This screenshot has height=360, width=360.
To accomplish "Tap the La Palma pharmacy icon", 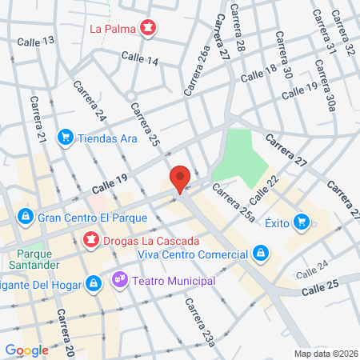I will [146, 30].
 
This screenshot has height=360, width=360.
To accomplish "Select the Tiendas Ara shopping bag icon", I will [66, 137].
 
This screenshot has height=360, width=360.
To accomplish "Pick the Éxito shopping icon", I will [302, 221].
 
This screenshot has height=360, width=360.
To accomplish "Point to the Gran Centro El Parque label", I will [84, 217].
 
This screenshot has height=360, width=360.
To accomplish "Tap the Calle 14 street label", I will [140, 58].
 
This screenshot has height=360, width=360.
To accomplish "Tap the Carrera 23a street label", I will [199, 323].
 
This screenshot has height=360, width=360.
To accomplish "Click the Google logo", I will [26, 350].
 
